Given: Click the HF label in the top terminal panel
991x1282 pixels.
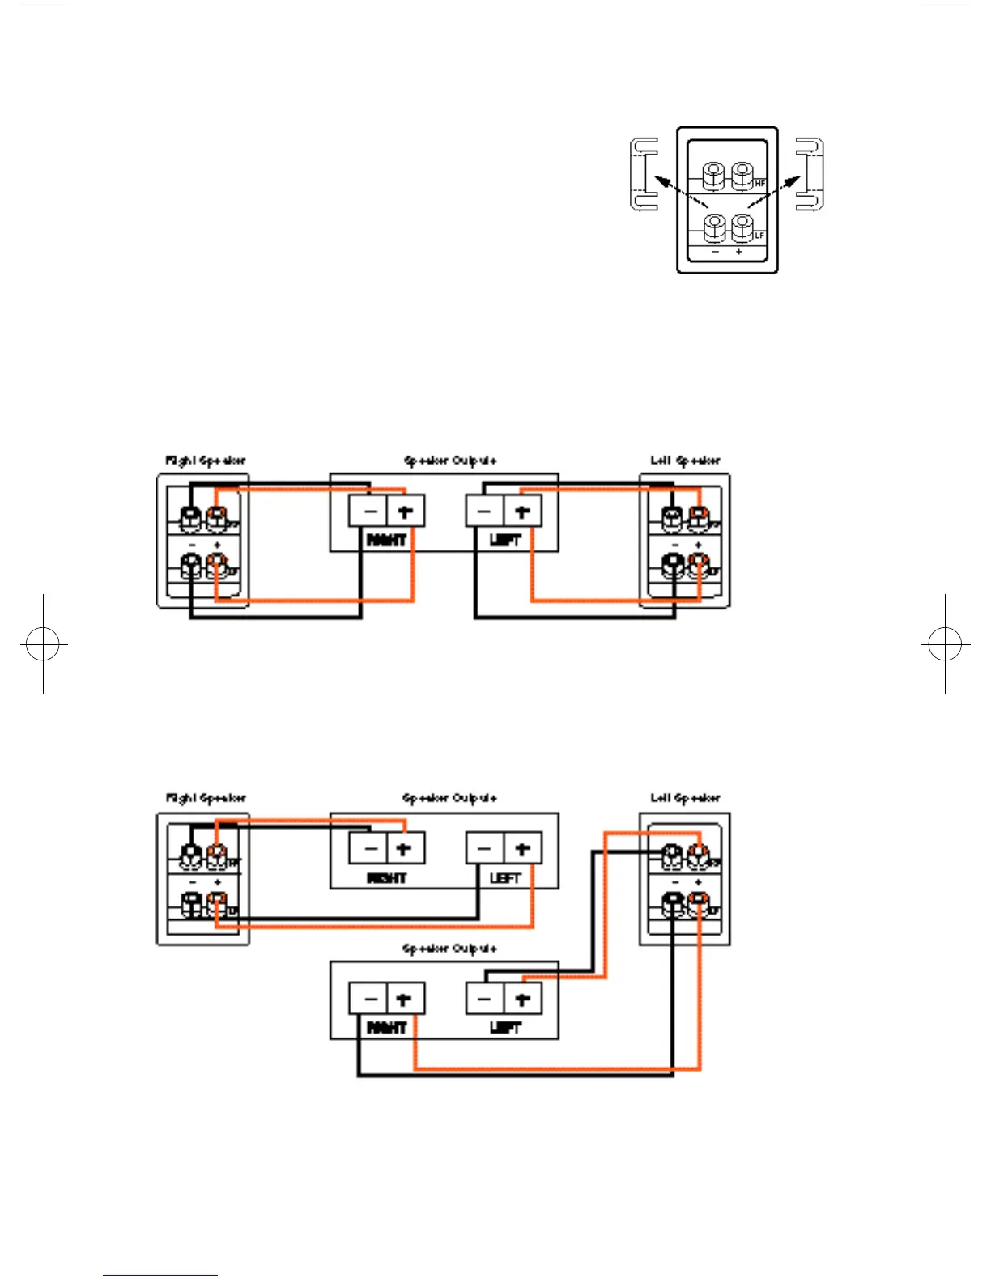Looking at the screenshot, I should click(x=759, y=184).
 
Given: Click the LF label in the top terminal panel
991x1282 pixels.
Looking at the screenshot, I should click(x=759, y=236).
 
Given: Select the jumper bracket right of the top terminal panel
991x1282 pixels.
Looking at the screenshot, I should click(x=810, y=175).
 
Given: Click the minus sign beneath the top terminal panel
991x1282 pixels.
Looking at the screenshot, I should click(x=715, y=253).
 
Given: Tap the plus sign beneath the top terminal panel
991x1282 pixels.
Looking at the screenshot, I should click(x=738, y=253).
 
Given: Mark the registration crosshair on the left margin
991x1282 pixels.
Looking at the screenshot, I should click(x=43, y=644).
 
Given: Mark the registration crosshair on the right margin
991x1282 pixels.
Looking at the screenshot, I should click(x=945, y=644).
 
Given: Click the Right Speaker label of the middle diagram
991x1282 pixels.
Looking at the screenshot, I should click(x=206, y=461).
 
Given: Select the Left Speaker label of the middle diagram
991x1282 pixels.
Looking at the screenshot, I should click(x=685, y=461).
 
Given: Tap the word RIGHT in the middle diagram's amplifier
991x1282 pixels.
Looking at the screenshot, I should click(x=386, y=540).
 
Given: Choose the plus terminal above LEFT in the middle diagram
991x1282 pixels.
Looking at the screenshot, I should click(x=522, y=512).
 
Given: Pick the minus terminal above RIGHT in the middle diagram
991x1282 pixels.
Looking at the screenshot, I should click(x=369, y=512).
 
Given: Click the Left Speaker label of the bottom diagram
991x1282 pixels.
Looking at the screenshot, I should click(x=685, y=798).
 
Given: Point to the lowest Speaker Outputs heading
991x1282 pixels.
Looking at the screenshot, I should click(x=449, y=948).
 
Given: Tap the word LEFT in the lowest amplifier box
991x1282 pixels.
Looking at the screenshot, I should click(x=505, y=1028).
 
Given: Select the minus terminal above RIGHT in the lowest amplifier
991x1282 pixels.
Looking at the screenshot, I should click(x=369, y=999).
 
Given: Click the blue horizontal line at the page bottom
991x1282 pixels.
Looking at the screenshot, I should click(x=160, y=1275).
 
